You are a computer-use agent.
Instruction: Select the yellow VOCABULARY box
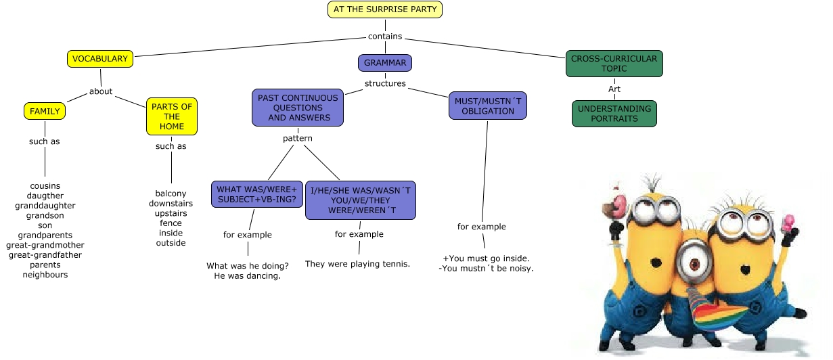tap(99, 59)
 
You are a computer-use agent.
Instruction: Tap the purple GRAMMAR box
tap(384, 63)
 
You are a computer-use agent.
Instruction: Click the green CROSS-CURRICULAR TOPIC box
tap(614, 64)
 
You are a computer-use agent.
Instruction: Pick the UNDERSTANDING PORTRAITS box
tap(614, 114)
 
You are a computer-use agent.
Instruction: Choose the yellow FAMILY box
tap(45, 111)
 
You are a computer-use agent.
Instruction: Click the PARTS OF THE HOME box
tap(171, 116)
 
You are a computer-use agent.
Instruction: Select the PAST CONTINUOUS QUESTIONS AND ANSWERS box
tap(298, 108)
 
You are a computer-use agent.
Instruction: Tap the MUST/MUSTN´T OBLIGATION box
tap(487, 106)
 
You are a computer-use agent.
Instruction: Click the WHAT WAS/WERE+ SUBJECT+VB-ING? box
tap(256, 194)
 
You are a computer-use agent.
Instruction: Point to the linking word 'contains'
tap(385, 37)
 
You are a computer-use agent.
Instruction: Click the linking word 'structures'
tap(385, 84)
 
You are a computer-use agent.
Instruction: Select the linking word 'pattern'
tap(298, 139)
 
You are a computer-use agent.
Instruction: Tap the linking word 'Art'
tap(614, 89)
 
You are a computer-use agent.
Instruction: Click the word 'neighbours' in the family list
tap(45, 275)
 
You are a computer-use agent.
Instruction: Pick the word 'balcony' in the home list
tap(171, 194)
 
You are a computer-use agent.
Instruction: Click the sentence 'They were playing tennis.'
tap(357, 264)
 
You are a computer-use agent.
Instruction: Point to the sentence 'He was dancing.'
tap(247, 276)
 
